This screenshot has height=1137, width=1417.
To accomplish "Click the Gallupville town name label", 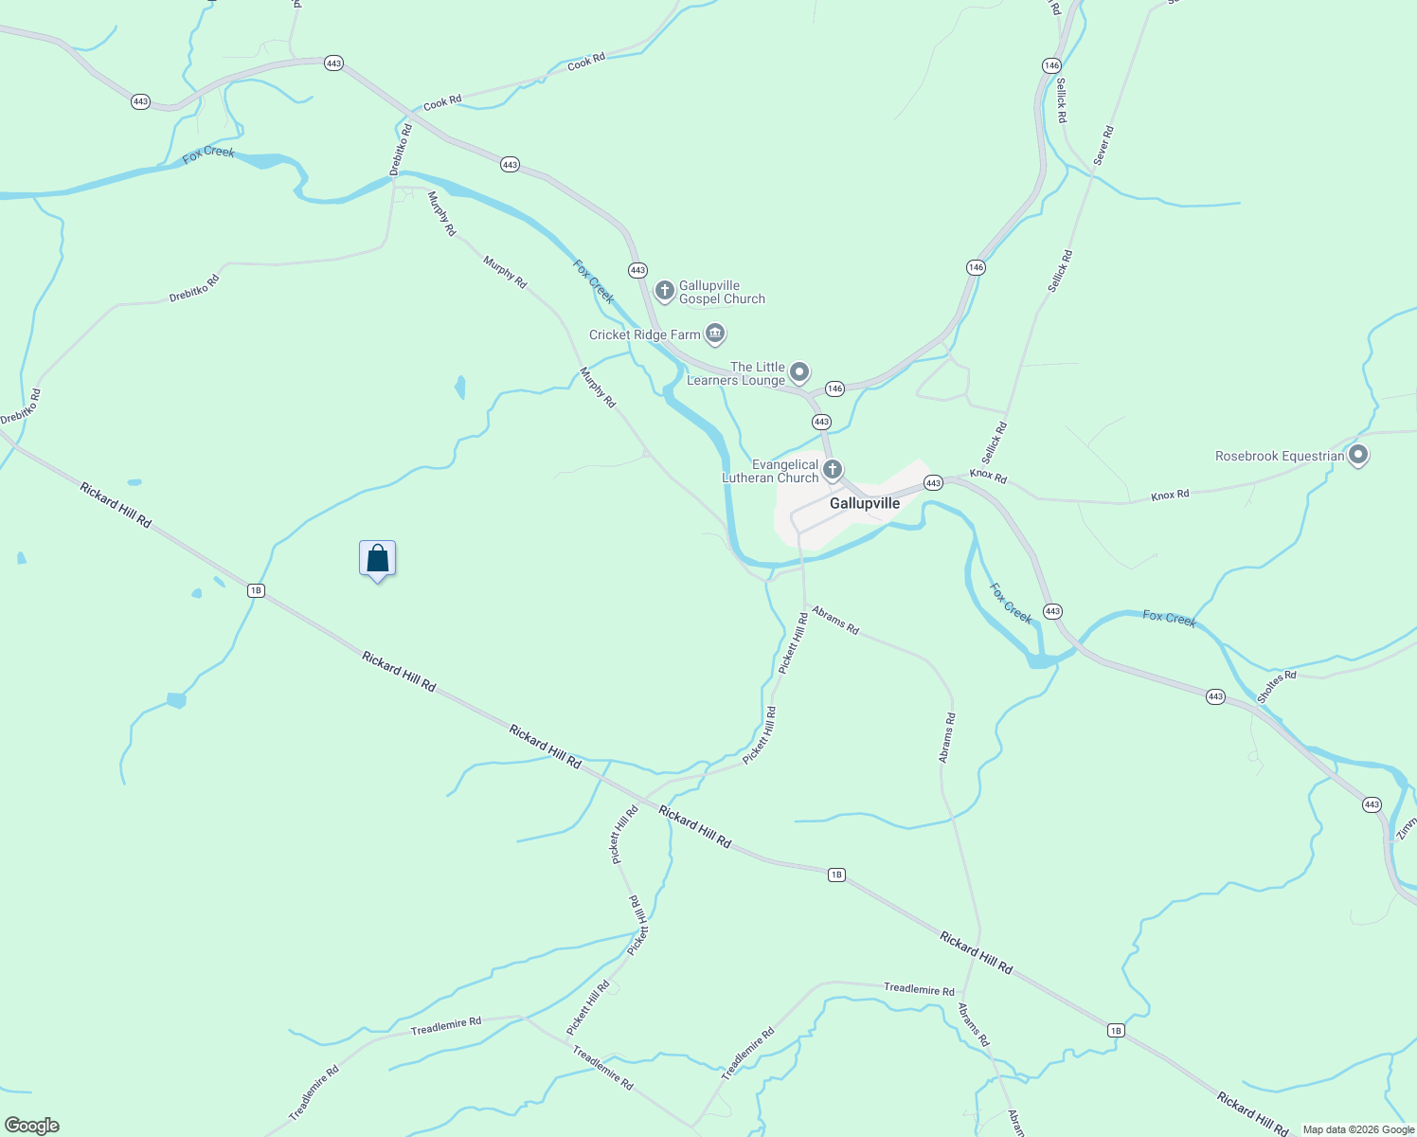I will pos(864,503).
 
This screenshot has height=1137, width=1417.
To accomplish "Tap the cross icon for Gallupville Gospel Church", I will pos(665,290).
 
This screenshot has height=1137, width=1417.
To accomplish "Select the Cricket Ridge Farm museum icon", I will pos(715,334).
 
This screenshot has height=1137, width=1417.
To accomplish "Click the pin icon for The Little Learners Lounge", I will pos(799,371).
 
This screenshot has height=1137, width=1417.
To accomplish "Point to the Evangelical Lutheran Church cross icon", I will pos(833,469).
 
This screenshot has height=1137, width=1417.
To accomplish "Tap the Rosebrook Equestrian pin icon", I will pos(1357,455).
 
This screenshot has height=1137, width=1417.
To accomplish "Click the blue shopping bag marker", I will pos(377,559).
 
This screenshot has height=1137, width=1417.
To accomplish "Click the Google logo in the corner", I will pos(31,1126).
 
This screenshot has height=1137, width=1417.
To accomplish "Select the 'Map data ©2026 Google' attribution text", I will pos(1358,1129).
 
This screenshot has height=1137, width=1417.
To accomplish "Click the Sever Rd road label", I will pos(1103,145).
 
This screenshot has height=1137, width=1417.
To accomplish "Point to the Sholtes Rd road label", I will pos(1276,687).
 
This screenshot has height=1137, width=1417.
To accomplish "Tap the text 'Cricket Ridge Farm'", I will pos(644,334).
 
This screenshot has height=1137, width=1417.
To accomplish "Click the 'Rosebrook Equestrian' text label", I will pos(1280,456).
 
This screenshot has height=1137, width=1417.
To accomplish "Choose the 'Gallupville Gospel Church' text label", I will pos(722,292).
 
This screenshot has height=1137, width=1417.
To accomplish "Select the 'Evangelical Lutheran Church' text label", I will pos(770,471).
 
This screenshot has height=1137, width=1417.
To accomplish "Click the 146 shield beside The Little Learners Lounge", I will pos(834,388).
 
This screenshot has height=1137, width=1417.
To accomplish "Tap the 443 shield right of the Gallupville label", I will pos(933,483).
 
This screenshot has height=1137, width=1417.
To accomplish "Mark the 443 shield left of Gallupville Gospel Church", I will pos(637,270).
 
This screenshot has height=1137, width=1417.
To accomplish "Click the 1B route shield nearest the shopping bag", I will pos(255,590).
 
